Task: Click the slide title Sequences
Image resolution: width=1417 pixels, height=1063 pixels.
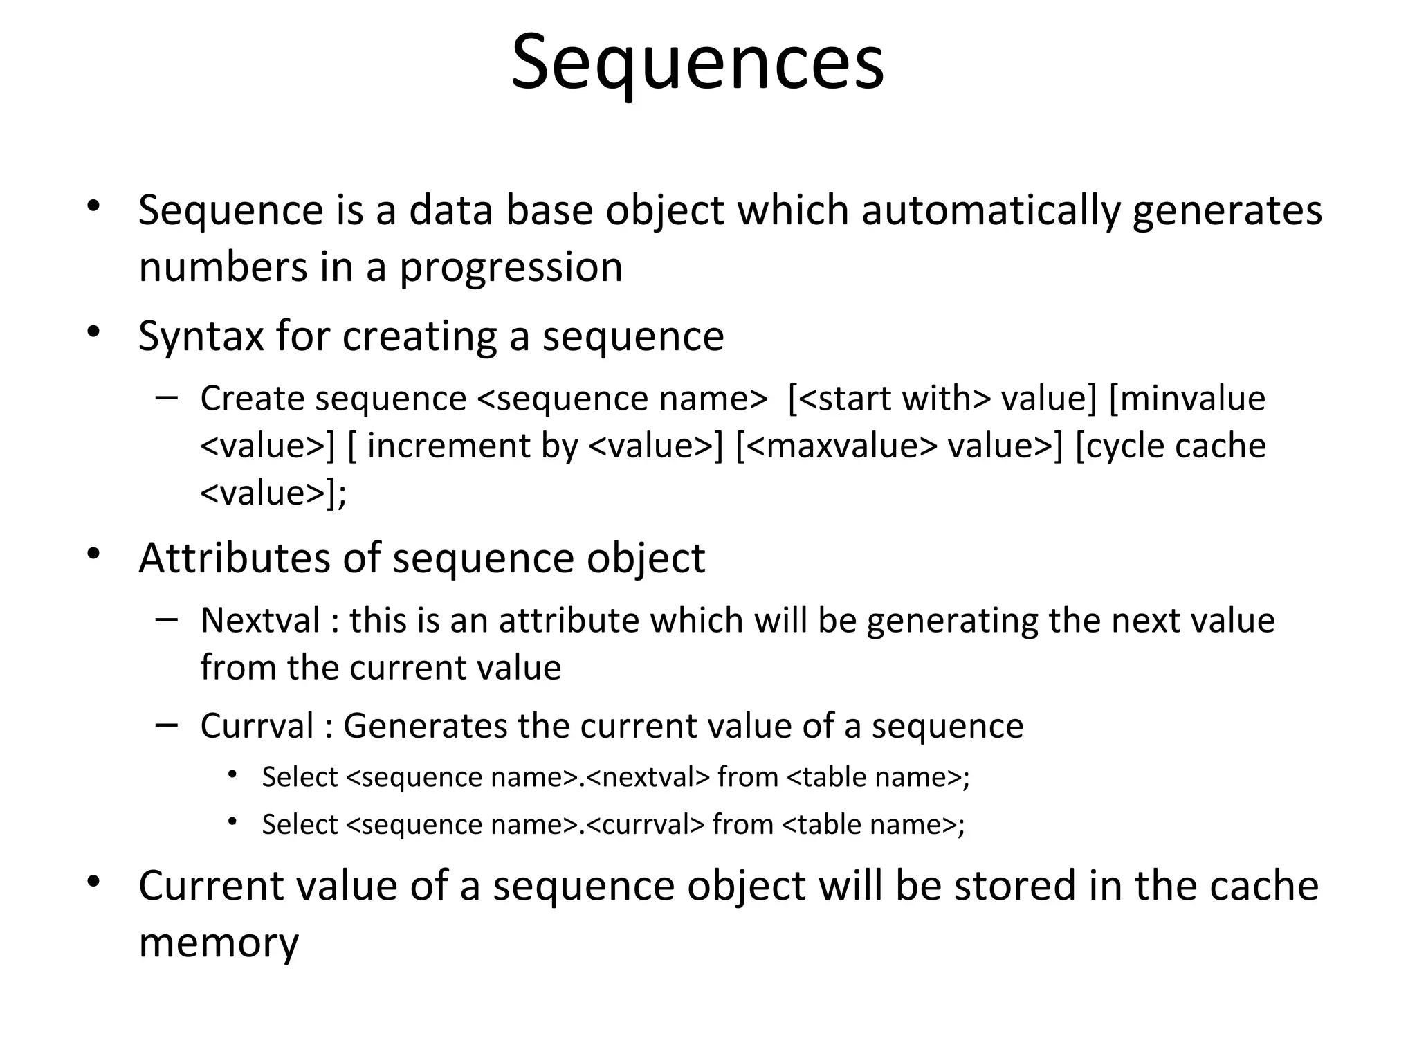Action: tap(697, 62)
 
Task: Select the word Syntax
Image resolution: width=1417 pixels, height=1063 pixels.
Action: tap(201, 336)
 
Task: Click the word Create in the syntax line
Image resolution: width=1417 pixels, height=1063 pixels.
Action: tap(251, 399)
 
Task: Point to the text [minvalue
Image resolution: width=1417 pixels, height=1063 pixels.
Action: tap(1187, 399)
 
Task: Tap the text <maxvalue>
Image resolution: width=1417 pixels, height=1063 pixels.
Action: tap(841, 446)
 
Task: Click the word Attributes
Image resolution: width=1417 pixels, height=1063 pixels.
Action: tap(234, 558)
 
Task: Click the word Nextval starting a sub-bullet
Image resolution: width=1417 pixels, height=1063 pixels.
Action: tap(260, 620)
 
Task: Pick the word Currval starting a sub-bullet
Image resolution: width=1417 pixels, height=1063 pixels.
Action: tap(257, 726)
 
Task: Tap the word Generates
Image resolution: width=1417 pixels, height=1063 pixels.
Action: tap(425, 726)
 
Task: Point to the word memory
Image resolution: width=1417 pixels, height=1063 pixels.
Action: tap(219, 943)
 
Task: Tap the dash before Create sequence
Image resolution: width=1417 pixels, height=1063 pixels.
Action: tap(167, 397)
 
